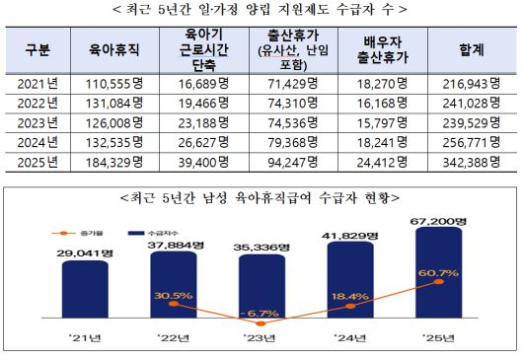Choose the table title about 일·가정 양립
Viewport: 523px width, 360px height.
(x=261, y=9)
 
